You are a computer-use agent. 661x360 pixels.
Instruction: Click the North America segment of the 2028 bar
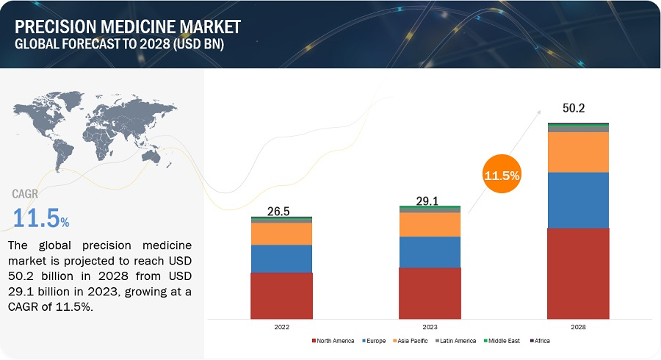579,273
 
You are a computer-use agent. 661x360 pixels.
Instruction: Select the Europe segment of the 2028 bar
579,200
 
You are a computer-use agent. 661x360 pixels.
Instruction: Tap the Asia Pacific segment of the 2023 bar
430,224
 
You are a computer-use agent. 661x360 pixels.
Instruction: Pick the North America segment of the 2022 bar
281,295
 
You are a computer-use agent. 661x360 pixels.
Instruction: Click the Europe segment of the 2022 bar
281,259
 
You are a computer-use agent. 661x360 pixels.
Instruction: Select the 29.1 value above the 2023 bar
429,199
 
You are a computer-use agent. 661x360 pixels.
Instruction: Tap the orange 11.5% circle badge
502,176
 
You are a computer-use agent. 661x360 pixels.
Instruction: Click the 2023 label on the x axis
430,326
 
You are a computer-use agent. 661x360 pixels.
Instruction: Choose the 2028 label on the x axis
579,326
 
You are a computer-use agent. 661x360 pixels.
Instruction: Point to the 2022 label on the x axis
281,326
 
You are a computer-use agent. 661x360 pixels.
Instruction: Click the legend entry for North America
336,341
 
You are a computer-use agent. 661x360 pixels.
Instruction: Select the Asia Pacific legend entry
412,341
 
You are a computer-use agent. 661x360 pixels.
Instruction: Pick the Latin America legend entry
459,341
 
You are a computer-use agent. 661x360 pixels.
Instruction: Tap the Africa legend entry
540,341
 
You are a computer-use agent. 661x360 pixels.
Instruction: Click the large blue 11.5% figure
40,217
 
